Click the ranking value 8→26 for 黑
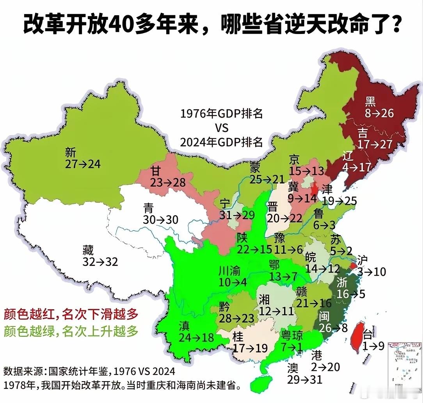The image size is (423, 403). tap(379, 114)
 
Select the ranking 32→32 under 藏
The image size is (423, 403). tap(100, 262)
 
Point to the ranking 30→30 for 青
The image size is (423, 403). tap(160, 219)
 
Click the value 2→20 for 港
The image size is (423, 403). tap(325, 367)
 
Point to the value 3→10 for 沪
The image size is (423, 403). tap(371, 271)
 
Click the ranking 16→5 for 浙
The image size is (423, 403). tap(351, 294)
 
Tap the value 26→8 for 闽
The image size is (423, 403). tap(333, 328)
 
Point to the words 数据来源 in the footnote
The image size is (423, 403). tap(20, 371)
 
